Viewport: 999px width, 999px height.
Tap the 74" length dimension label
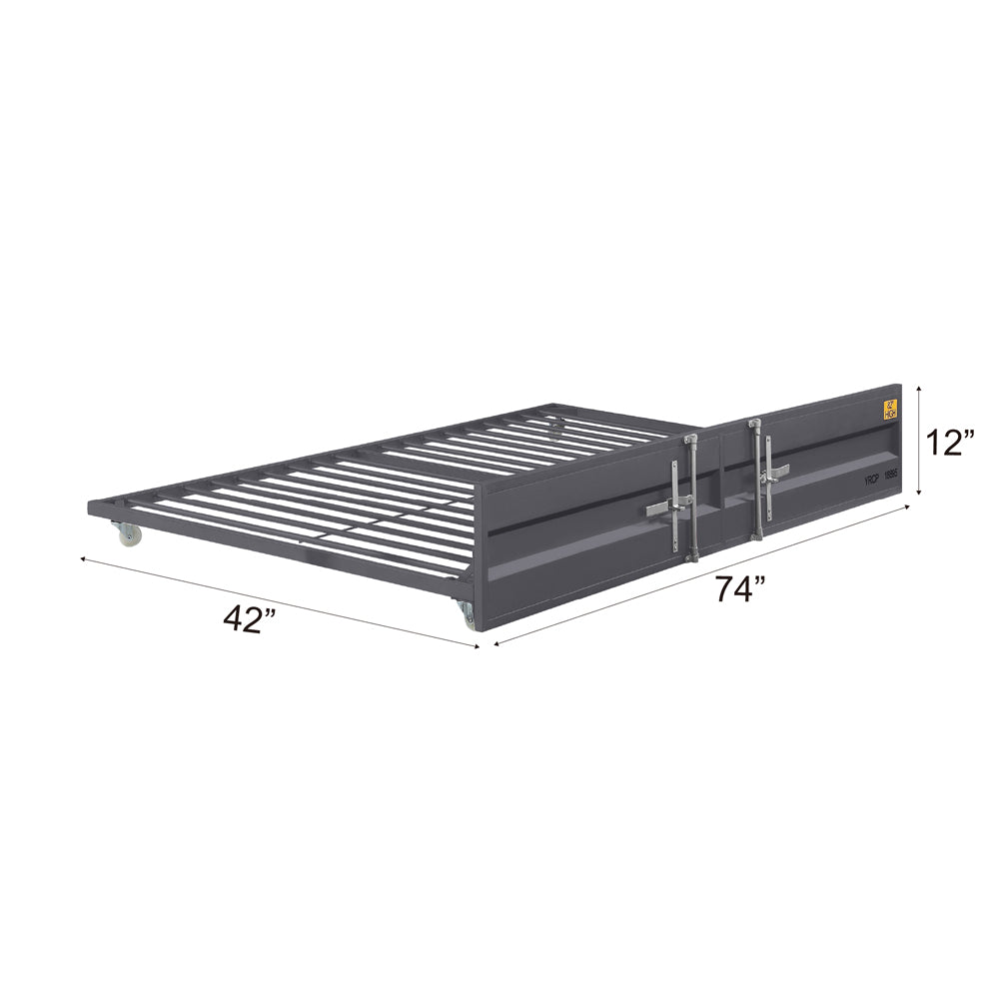(739, 590)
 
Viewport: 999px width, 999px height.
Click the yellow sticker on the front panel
(889, 410)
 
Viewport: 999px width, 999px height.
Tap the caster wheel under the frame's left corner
(129, 535)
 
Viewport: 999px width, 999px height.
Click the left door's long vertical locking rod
(691, 497)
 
